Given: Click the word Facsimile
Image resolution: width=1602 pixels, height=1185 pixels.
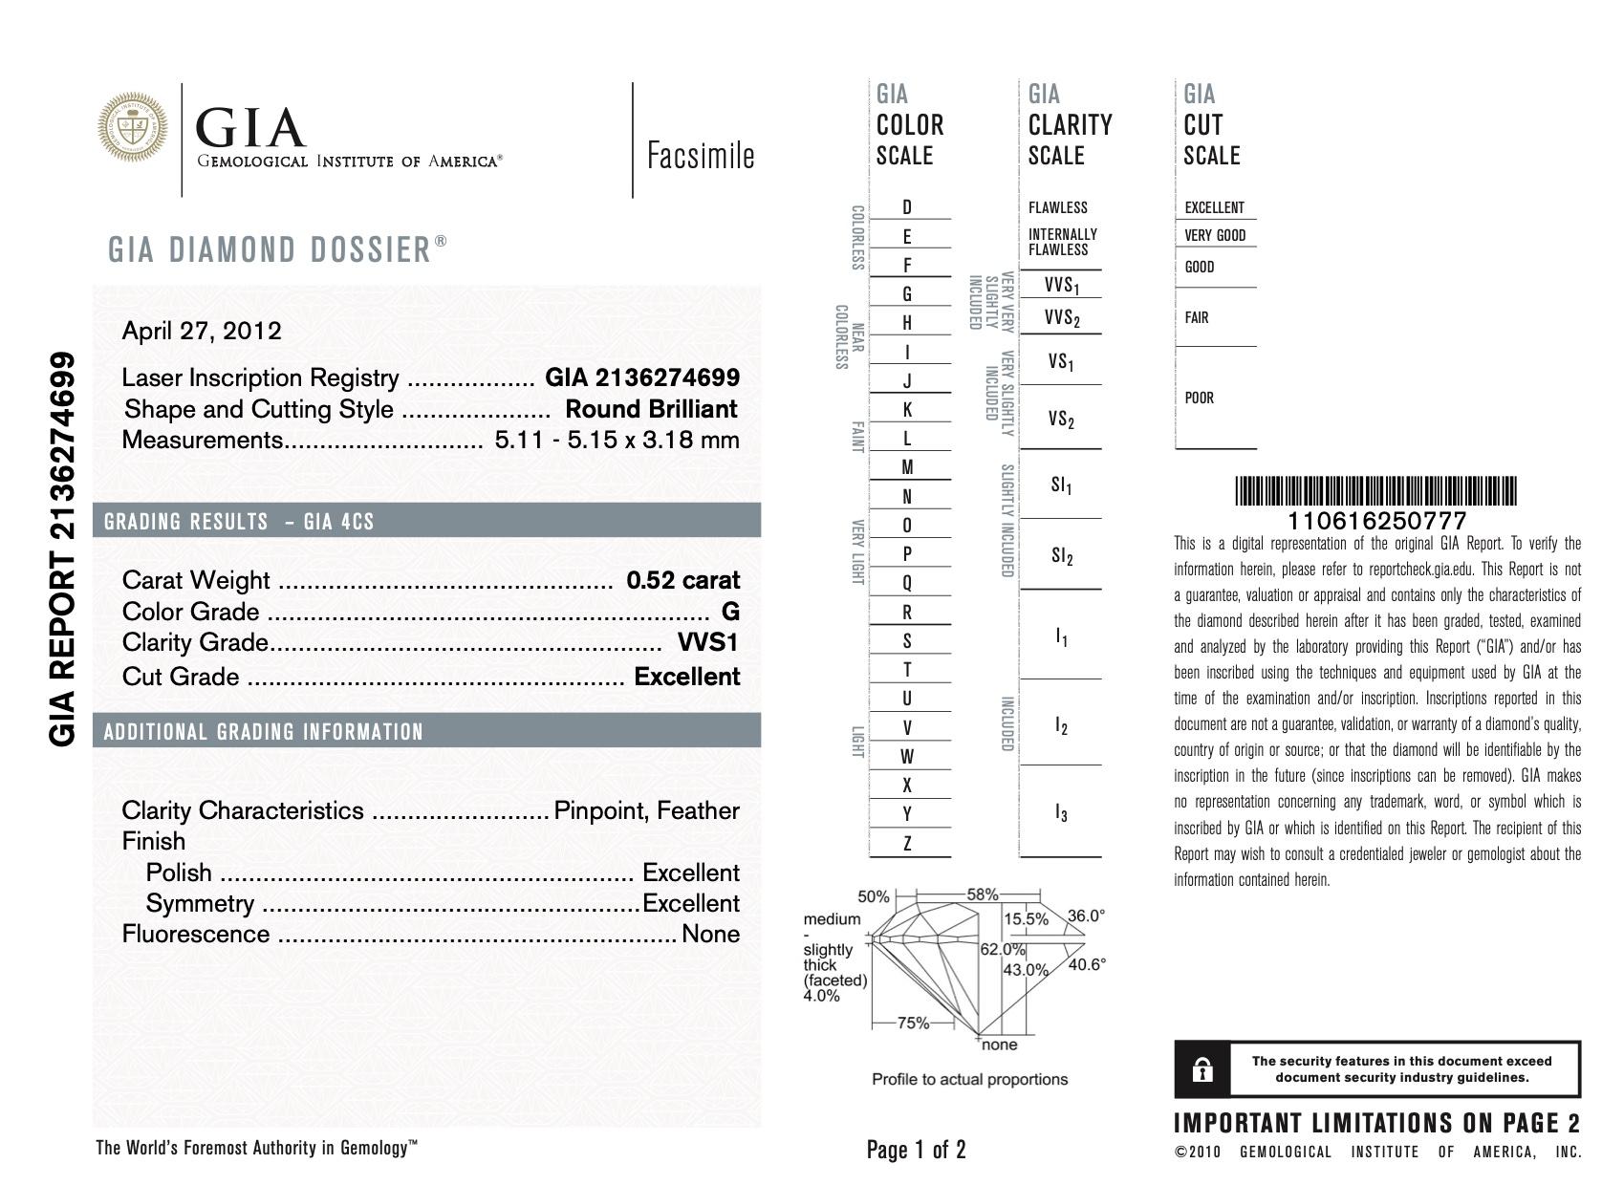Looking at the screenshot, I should pyautogui.click(x=701, y=156).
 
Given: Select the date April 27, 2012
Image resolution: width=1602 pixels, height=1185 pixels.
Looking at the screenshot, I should pyautogui.click(x=202, y=331).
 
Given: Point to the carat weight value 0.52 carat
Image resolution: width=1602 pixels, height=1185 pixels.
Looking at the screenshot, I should pyautogui.click(x=682, y=580).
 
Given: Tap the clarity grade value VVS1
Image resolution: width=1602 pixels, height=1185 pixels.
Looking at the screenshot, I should pyautogui.click(x=707, y=642).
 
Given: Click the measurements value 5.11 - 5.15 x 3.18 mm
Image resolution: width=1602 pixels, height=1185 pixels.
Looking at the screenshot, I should pyautogui.click(x=617, y=440).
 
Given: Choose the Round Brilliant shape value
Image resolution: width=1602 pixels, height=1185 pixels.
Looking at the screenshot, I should pyautogui.click(x=651, y=409).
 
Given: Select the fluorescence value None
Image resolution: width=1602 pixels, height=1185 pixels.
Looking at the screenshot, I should pyautogui.click(x=710, y=934).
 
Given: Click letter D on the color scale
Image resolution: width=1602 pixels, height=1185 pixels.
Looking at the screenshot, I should pyautogui.click(x=907, y=207).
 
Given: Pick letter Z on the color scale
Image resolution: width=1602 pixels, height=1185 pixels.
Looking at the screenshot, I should pyautogui.click(x=907, y=843).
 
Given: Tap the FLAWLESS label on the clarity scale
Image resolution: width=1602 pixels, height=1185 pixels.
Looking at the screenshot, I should pyautogui.click(x=1057, y=207).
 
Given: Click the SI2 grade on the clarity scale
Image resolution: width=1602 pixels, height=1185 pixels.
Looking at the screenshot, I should pyautogui.click(x=1061, y=555).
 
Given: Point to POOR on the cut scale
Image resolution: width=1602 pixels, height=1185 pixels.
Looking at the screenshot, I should pyautogui.click(x=1199, y=398).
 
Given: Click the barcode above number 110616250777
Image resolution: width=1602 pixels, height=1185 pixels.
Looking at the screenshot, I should pyautogui.click(x=1375, y=491).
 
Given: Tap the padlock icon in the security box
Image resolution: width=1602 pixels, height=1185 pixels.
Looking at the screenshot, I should pyautogui.click(x=1202, y=1069).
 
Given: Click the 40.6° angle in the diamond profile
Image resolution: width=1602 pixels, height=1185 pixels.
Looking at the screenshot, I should pyautogui.click(x=1087, y=964).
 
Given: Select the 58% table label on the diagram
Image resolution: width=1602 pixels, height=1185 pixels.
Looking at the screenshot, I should pyautogui.click(x=982, y=894).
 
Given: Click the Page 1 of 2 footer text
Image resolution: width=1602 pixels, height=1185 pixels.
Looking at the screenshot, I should pyautogui.click(x=916, y=1149).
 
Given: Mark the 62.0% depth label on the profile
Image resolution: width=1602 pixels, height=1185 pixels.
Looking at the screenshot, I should pyautogui.click(x=1002, y=950).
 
